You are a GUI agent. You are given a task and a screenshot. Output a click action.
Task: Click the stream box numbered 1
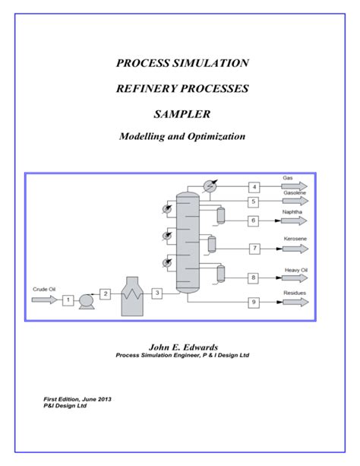[68, 300]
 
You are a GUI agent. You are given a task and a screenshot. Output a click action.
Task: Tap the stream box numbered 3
[156, 293]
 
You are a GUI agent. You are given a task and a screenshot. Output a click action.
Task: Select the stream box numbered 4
[254, 186]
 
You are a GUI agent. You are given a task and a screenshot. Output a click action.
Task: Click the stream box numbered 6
[254, 220]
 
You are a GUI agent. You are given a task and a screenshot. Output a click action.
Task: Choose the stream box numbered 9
[254, 303]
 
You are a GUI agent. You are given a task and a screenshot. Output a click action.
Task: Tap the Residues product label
[294, 293]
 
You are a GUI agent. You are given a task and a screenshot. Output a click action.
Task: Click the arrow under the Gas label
[295, 186]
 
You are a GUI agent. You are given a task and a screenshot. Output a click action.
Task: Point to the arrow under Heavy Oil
[295, 279]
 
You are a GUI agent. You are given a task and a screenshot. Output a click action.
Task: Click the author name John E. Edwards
[181, 346]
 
